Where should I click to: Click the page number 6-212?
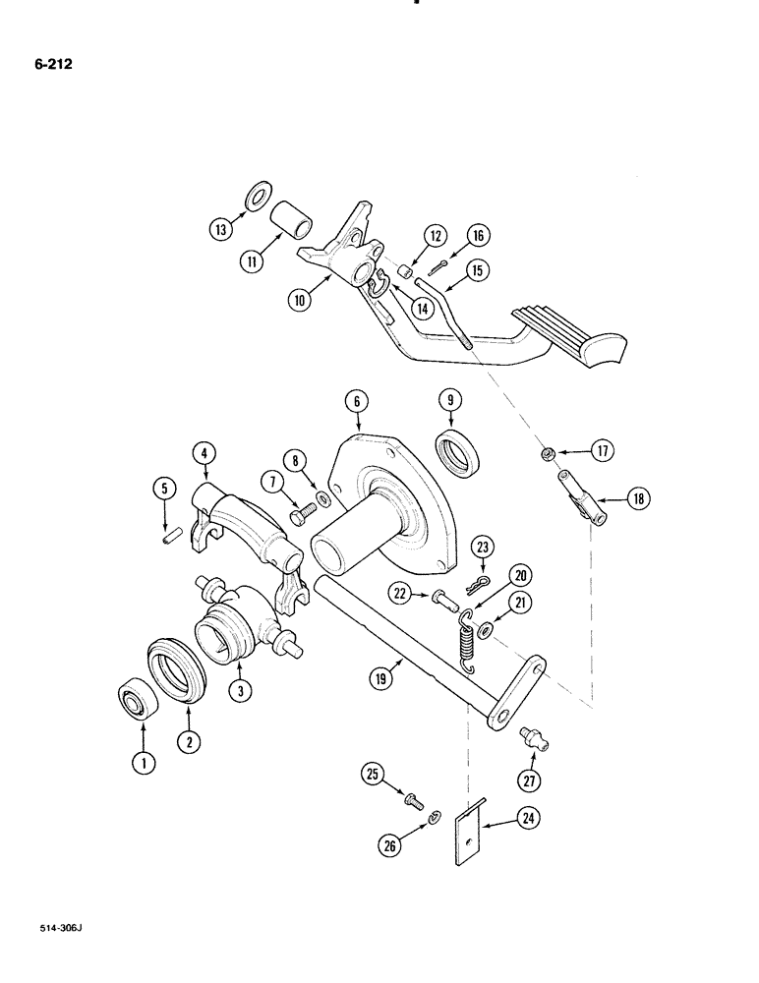click(x=42, y=66)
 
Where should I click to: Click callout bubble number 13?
click(x=220, y=228)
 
